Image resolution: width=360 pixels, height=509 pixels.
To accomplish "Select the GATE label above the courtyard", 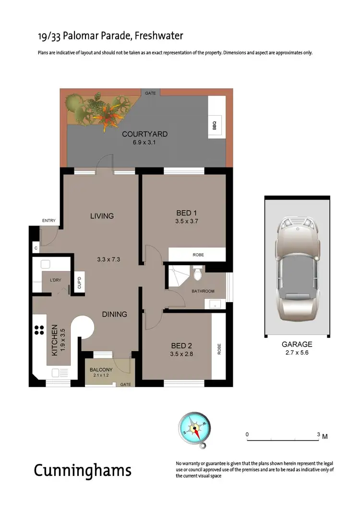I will point(150,92).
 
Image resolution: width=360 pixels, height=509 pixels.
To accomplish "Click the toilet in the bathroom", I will point(197,274).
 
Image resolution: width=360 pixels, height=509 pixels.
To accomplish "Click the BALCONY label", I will point(101,370).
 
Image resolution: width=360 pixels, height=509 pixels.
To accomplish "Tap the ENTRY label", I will point(49,221).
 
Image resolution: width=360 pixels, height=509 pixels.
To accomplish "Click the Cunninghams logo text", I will point(82,470).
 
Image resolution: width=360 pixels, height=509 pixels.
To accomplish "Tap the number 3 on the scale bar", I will point(318,434).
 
